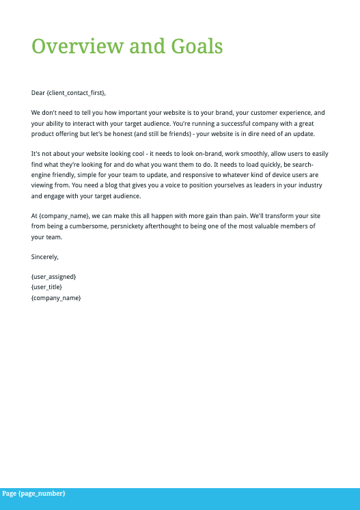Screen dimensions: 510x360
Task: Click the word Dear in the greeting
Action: point(38,92)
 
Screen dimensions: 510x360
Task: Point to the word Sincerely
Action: point(45,257)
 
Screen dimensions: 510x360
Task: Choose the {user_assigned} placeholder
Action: point(54,277)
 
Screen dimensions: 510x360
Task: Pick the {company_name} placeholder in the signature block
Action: point(56,298)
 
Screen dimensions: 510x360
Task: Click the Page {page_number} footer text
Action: point(33,494)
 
